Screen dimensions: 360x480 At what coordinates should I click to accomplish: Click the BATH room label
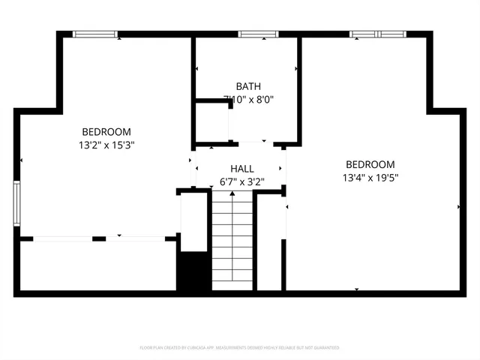pos(247,86)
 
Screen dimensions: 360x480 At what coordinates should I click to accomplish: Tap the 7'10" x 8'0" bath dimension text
pos(247,99)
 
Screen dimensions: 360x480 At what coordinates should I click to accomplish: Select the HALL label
pos(241,169)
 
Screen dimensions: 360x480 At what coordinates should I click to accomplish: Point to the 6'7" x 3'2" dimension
pos(241,181)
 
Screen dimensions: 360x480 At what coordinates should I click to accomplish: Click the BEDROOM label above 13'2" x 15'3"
pos(106,131)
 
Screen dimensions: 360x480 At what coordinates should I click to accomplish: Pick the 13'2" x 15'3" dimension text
pos(106,144)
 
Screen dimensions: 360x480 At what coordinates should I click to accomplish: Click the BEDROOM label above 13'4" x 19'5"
pos(370,165)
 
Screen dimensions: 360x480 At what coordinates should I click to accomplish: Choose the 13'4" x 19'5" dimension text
pos(370,178)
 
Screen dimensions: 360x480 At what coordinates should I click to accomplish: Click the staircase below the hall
pos(232,240)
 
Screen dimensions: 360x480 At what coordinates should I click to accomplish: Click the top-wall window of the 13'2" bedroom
pos(95,34)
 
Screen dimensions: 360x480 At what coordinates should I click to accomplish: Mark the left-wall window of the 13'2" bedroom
pos(16,203)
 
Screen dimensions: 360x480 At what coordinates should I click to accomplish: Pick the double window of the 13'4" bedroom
pos(377,34)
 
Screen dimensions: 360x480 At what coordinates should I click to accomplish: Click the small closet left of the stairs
pos(193,222)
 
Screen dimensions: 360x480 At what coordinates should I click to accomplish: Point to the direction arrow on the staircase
pos(232,196)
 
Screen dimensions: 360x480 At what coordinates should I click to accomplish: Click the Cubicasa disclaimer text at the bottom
pos(240,348)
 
